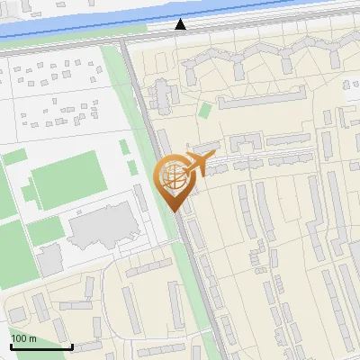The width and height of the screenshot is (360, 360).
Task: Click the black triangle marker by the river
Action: point(181,24)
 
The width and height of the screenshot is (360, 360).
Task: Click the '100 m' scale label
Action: point(23,338)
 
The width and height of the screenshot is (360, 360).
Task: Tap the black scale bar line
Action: point(41,346)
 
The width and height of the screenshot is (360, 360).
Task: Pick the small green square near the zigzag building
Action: point(205,111)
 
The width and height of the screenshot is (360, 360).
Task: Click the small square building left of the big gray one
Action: point(49,259)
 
